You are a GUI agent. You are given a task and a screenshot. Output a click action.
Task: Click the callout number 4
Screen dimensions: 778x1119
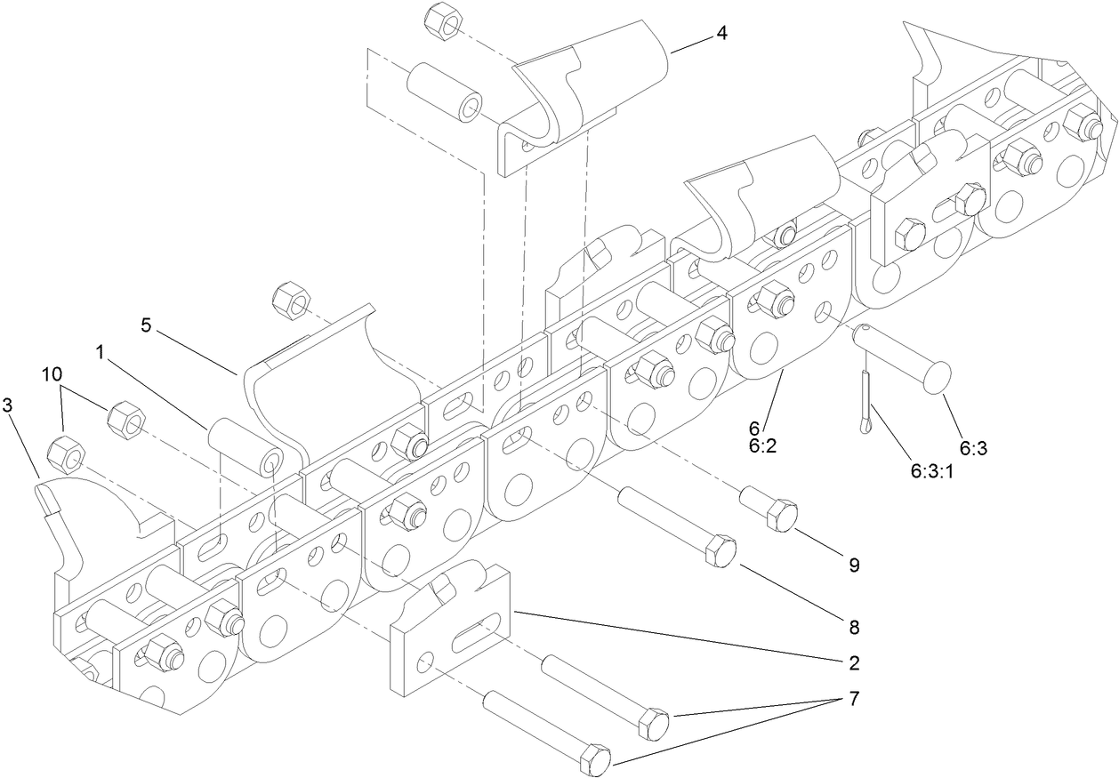point(721,35)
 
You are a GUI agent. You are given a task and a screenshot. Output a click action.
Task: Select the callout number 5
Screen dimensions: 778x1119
point(146,325)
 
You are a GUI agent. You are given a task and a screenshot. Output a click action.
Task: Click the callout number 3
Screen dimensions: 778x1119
point(8,406)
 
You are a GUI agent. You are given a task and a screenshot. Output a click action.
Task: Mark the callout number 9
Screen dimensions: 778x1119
point(853,564)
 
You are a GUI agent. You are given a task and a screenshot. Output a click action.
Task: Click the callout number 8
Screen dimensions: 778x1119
point(853,627)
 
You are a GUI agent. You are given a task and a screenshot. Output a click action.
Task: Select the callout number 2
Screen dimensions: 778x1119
point(853,662)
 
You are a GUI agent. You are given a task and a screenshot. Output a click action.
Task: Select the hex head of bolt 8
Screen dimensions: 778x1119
point(721,552)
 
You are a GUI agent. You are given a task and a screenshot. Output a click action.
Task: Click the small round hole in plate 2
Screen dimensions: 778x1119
point(428,662)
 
